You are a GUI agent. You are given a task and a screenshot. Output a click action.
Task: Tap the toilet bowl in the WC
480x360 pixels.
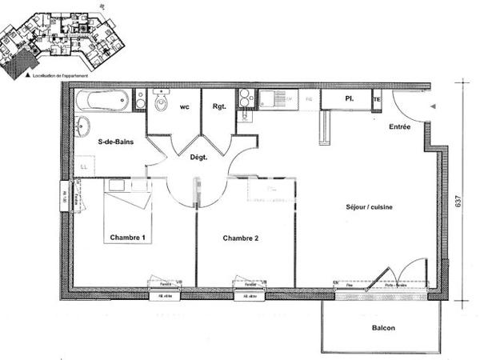click(x=162, y=104)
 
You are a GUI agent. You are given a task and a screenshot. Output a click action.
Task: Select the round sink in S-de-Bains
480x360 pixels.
click(x=83, y=126)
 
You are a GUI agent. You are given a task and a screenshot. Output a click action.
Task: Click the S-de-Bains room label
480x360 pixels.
click(x=114, y=142)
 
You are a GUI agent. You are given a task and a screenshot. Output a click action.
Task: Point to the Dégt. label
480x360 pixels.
click(x=198, y=158)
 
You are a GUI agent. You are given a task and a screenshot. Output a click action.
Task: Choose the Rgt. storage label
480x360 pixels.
click(x=218, y=106)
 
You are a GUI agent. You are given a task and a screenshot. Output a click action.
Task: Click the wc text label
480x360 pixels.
click(x=184, y=106)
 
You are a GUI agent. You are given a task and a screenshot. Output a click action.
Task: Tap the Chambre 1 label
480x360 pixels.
click(x=128, y=238)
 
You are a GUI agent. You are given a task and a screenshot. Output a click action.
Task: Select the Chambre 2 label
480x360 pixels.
click(x=241, y=238)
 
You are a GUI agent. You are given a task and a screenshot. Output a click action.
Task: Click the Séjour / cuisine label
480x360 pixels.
click(x=369, y=206)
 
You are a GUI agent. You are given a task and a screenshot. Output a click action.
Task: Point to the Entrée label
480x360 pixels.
click(x=400, y=127)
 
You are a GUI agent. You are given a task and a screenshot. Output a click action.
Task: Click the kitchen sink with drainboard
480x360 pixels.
click(x=277, y=100)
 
